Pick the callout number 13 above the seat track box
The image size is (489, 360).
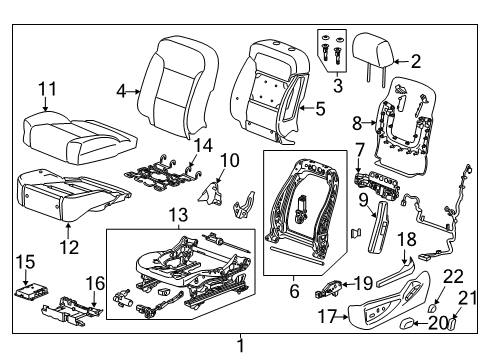(x=178, y=216)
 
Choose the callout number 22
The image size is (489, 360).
(x=453, y=275)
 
